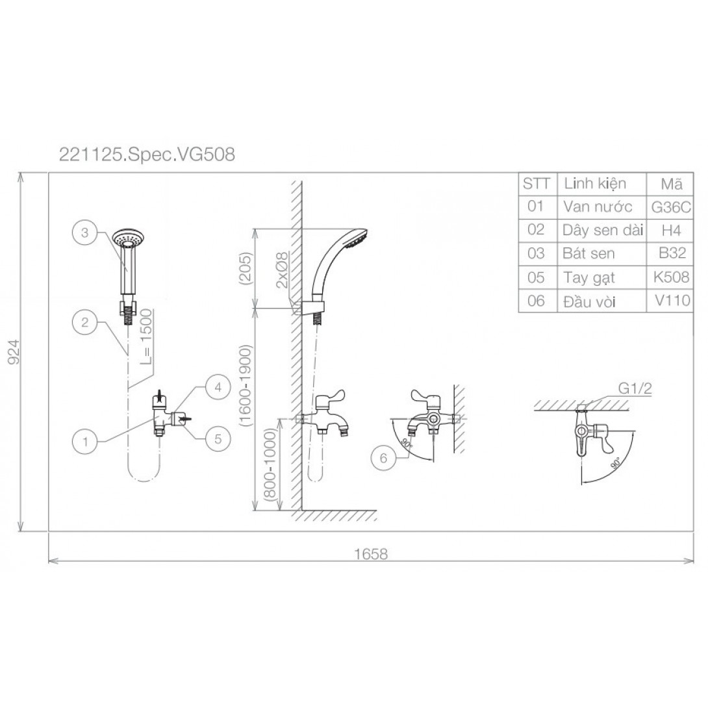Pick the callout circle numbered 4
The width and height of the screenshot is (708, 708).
point(218,387)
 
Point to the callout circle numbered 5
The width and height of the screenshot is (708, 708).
point(218,438)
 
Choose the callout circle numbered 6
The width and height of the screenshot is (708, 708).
point(383,459)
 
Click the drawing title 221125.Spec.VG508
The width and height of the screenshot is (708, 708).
point(147,155)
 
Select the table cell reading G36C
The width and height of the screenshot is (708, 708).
point(671,207)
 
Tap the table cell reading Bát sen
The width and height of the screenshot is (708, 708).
point(588,253)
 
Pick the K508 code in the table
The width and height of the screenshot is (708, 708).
point(672,277)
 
